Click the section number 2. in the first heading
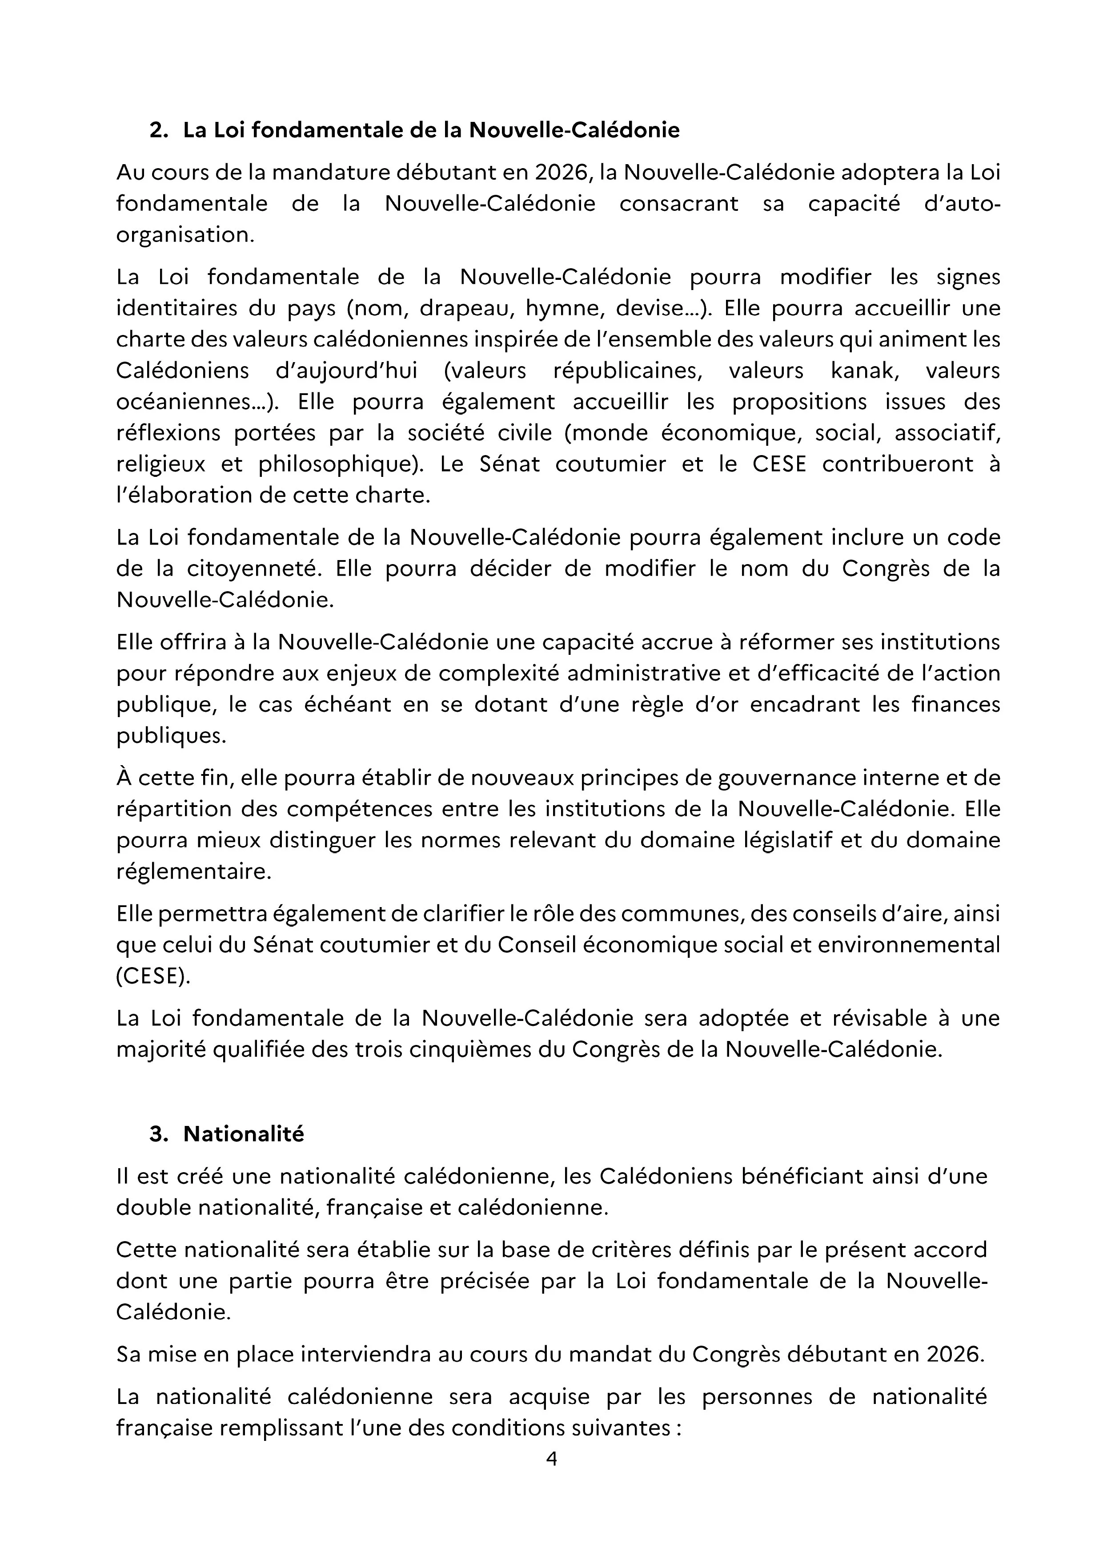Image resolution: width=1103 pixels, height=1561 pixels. tap(158, 130)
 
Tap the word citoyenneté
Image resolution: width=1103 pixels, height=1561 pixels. tap(252, 569)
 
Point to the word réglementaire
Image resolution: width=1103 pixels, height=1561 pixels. tap(193, 871)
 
